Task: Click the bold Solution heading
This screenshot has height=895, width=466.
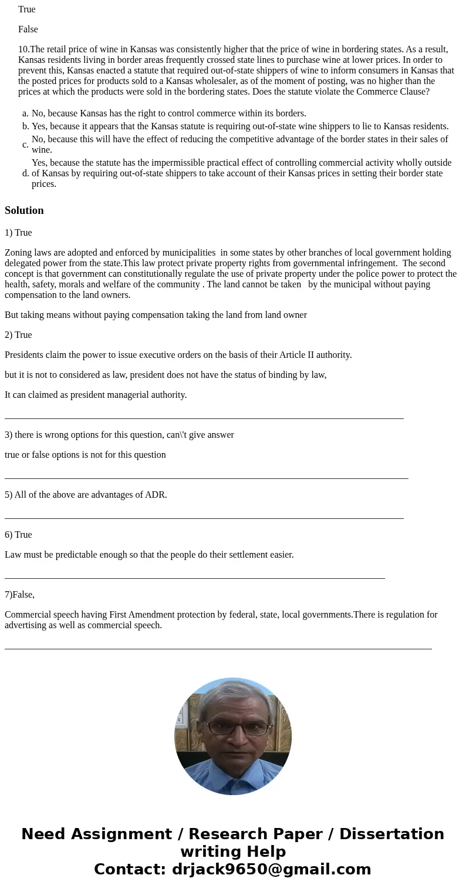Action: pos(24,210)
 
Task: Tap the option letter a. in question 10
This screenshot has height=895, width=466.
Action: pos(25,113)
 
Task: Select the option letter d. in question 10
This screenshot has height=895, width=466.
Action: pos(25,173)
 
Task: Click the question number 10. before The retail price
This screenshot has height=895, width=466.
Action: pos(23,49)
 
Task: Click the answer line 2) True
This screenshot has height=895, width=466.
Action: pos(18,335)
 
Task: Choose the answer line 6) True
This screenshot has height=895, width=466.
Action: pos(18,535)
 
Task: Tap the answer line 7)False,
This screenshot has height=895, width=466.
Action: pos(19,595)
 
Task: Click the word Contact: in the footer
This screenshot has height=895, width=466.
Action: pos(130,870)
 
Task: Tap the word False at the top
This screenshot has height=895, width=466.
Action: pos(28,29)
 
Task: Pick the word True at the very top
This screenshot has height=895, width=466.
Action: pos(27,9)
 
